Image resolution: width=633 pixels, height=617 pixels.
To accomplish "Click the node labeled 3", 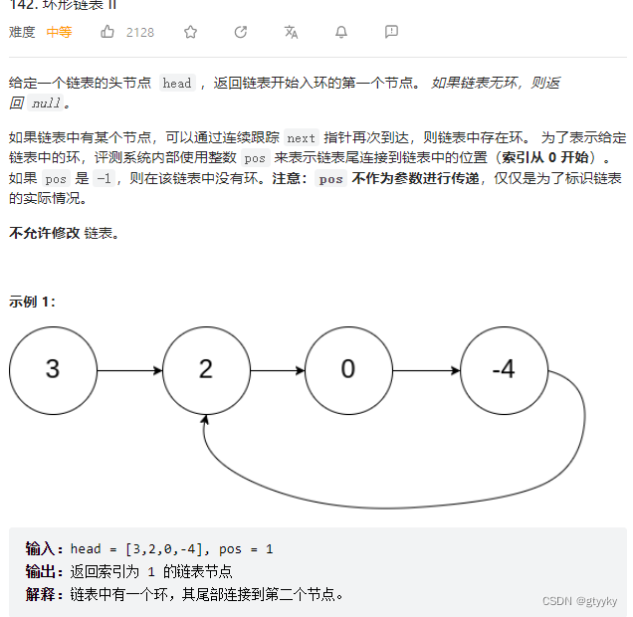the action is coord(53,370).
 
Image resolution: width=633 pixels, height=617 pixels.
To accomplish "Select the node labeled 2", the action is coord(206,370).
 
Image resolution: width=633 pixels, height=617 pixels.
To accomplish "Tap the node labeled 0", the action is coord(348,370).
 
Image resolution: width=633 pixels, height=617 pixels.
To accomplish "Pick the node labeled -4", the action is coord(504,370).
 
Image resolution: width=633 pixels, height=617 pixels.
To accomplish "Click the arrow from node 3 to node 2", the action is coord(129,371).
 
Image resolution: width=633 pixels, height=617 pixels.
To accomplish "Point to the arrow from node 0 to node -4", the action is coord(426,371).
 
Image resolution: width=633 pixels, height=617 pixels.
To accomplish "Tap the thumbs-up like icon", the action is coord(107,32).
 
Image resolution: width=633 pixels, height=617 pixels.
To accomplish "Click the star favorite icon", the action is coord(190,32).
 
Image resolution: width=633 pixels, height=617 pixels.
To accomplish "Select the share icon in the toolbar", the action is coord(241,32).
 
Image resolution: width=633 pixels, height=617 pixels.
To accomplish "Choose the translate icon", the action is coord(291,32).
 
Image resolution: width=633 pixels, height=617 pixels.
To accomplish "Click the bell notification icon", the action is coord(341,32).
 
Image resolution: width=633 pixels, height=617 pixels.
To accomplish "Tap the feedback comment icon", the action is coord(391,32).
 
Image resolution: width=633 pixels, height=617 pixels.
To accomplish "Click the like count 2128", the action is coord(140,32).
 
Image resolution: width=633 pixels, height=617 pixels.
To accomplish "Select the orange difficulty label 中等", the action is coord(59,32).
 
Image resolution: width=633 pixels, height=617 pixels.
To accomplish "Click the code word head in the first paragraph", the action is coord(177,84).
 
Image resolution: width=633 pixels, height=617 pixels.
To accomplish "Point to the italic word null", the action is coord(47,103).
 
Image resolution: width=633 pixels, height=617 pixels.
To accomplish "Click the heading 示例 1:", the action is coord(33,302).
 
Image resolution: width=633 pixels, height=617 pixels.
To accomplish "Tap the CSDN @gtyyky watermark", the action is coord(580,601).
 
